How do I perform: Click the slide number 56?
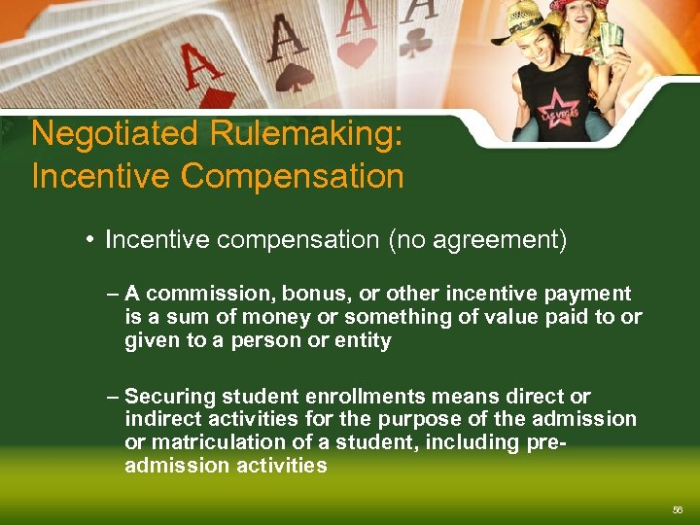tap(677, 509)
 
